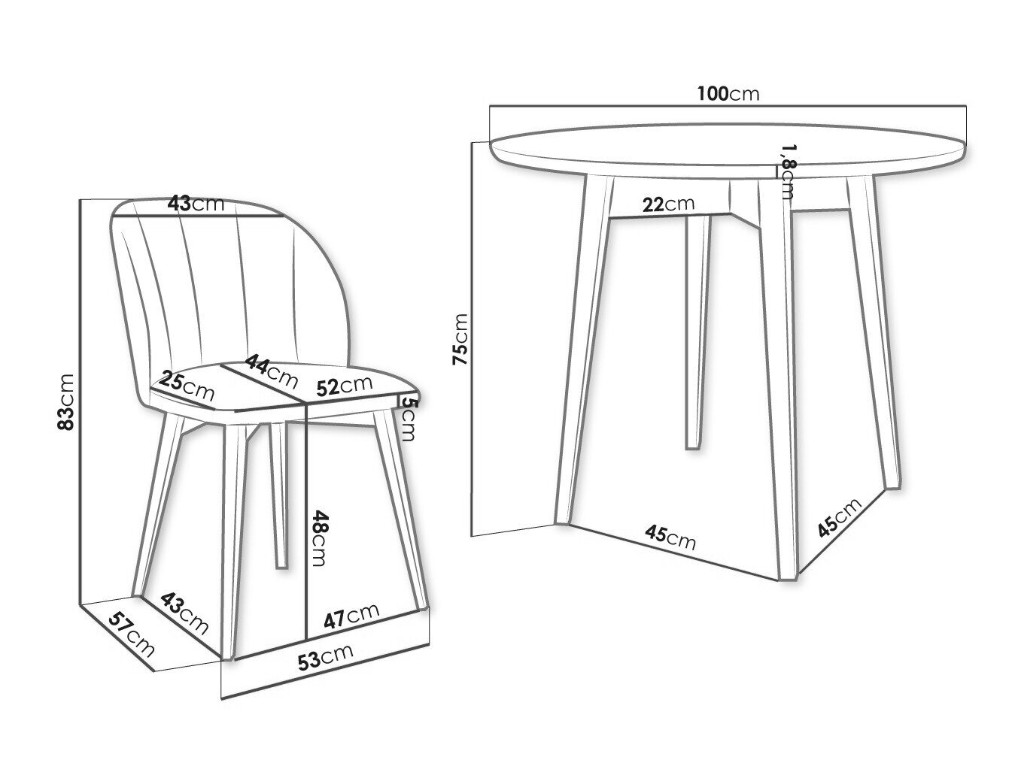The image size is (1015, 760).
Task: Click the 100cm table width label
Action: (x=728, y=94)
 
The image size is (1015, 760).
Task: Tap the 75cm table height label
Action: (x=460, y=340)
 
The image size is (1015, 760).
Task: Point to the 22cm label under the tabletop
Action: (x=668, y=204)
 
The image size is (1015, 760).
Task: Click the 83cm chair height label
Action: (x=65, y=402)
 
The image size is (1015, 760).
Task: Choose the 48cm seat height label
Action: (x=319, y=538)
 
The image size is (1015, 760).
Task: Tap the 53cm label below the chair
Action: (x=326, y=657)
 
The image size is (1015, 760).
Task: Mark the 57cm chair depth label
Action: (x=132, y=634)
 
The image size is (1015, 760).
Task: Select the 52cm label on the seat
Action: (x=345, y=386)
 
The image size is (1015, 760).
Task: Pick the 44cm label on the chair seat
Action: (x=271, y=371)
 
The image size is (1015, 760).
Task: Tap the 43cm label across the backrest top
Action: (x=196, y=203)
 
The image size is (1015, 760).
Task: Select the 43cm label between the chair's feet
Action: (x=184, y=613)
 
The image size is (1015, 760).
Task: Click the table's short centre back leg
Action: (x=697, y=332)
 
